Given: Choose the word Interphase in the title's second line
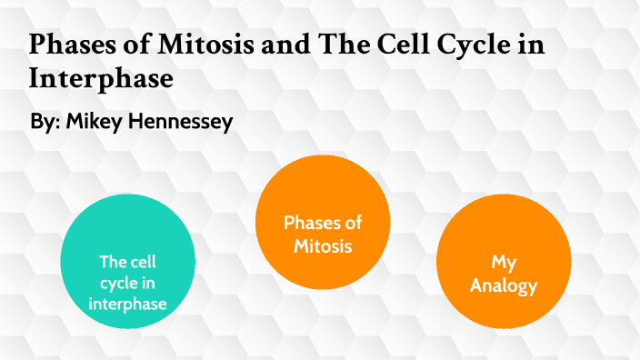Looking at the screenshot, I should pos(101,79).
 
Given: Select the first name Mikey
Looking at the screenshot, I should pos(95,122).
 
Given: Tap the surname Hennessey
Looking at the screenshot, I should pos(182,122).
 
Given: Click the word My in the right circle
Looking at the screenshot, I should pos(504,263).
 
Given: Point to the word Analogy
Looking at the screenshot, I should pos(504,285).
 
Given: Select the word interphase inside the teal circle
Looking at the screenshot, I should pos(127,304).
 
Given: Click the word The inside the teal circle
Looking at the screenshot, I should pos(113,262).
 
